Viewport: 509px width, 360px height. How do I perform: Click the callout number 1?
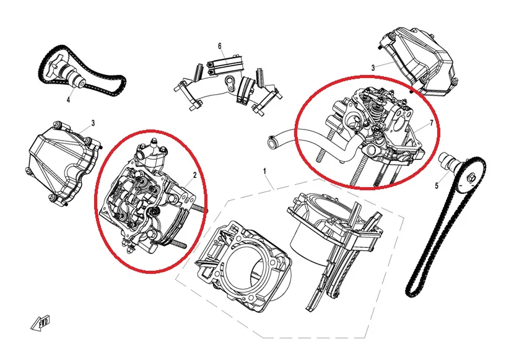[264, 171]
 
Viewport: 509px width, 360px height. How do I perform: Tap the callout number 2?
[195, 175]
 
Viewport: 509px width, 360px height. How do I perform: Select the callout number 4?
[68, 100]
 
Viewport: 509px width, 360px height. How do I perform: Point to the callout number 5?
[437, 186]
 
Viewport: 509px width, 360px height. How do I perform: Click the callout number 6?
[220, 46]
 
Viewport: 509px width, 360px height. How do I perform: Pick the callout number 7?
[432, 123]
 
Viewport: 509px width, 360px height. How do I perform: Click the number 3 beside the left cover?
[93, 123]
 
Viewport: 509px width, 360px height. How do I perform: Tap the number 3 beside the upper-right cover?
[373, 68]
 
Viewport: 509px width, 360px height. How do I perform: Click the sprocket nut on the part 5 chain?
[471, 177]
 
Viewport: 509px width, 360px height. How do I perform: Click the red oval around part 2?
[95, 201]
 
